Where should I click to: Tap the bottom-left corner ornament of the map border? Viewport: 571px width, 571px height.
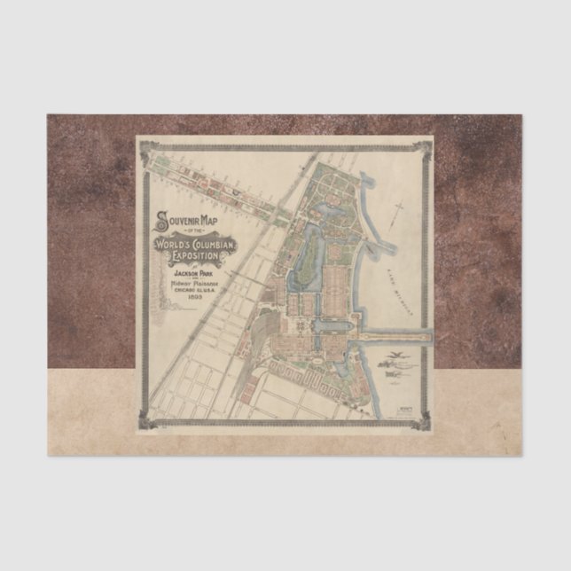point(145,422)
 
